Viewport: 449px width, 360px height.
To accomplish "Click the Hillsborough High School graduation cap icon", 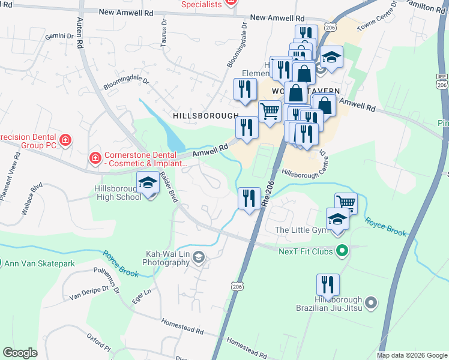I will [148, 182].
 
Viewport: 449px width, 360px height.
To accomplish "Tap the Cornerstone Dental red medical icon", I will [94, 158].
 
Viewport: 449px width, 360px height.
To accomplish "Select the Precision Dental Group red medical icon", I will [65, 141].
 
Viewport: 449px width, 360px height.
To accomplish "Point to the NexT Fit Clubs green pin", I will [342, 251].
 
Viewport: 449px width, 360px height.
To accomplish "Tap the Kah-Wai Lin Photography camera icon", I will [199, 258].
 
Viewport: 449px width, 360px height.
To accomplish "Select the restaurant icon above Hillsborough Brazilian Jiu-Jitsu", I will [327, 284].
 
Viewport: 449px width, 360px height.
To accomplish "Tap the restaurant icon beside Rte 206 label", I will [249, 197].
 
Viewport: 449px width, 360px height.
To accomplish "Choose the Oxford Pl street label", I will [99, 343].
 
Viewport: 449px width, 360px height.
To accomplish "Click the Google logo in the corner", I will [20, 353].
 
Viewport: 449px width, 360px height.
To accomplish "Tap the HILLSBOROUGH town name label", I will [206, 116].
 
